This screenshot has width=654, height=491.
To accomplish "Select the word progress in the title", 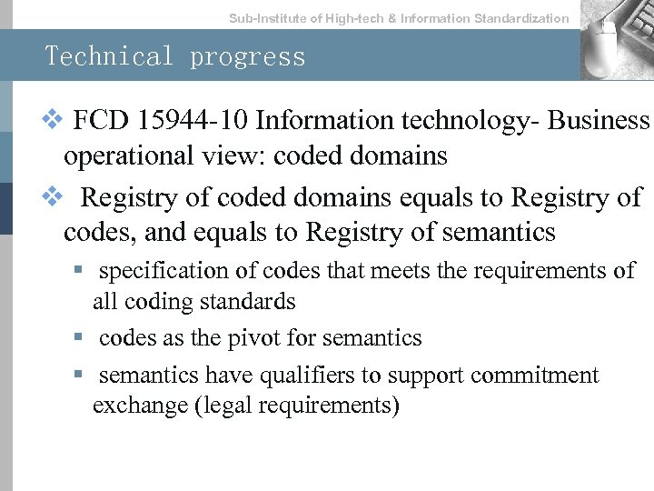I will (248, 57).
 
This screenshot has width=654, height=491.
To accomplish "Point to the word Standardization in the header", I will (522, 18).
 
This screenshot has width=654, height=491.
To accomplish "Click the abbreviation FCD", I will (98, 121).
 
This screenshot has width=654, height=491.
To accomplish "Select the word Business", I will (600, 121).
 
